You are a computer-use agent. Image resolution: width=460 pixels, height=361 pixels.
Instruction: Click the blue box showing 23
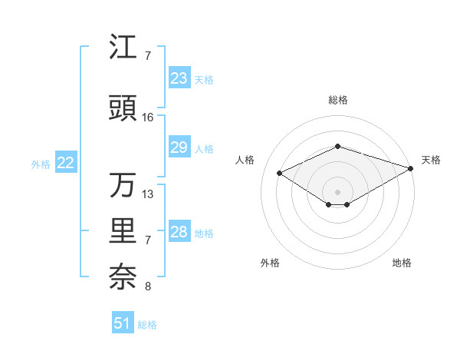click(x=179, y=78)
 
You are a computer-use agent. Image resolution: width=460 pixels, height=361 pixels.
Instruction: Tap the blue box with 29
click(x=179, y=147)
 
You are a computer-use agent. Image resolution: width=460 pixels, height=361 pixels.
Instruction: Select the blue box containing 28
click(x=179, y=232)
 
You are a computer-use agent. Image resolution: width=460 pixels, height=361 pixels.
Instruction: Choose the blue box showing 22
click(x=66, y=163)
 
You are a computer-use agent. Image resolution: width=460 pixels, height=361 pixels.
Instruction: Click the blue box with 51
click(x=123, y=323)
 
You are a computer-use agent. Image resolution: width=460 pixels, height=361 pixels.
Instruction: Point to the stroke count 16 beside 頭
click(x=148, y=118)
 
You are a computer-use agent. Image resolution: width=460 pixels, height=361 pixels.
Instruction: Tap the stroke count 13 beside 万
click(x=148, y=194)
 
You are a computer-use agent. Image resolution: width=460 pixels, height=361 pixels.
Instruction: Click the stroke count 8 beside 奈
click(x=148, y=287)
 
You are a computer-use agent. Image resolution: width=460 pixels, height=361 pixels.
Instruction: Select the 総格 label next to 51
click(x=147, y=325)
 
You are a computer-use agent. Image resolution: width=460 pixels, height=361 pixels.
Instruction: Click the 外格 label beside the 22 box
click(x=41, y=164)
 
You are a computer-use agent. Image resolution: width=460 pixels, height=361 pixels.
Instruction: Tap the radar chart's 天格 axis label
click(x=431, y=160)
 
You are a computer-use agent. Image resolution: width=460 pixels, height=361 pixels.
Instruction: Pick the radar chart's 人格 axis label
click(x=245, y=160)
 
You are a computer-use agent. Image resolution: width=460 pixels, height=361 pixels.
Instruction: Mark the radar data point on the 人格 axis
click(x=279, y=172)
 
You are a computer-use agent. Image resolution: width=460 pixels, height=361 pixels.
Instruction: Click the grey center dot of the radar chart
click(x=337, y=190)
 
